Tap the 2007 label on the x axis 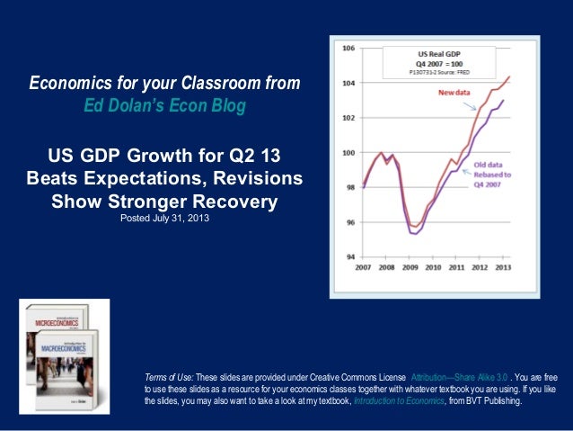[365, 268]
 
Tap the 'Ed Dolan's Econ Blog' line [163, 105]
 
